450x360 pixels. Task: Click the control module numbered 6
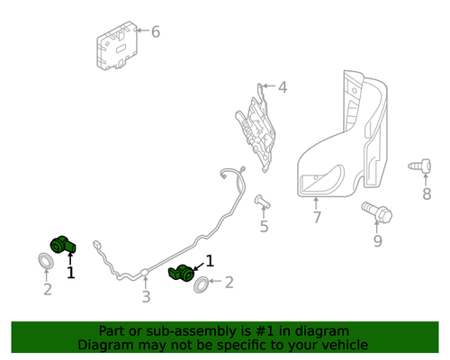coord(117,47)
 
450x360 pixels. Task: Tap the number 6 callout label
coord(156,32)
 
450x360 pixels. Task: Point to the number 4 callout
coord(282,87)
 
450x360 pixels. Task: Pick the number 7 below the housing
coord(316,218)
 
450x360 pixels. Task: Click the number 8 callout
coord(426,193)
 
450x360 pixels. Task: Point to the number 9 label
coord(377,240)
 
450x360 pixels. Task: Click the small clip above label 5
coord(261,201)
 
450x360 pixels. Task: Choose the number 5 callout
coord(264,226)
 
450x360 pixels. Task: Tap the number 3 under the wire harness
coord(146,297)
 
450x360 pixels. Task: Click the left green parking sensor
coord(65,243)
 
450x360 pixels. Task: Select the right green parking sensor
coord(183,272)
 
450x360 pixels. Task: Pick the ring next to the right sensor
coord(204,286)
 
